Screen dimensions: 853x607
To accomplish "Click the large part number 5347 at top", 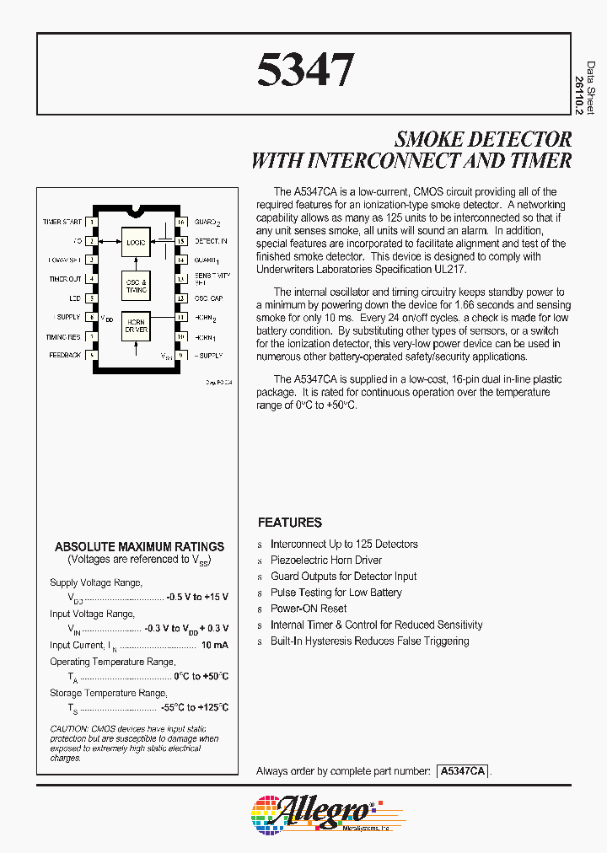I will (304, 71).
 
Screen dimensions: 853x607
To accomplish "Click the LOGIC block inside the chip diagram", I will (136, 242).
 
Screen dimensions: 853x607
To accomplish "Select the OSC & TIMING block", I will (136, 286).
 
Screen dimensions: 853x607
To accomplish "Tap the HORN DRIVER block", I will (136, 326).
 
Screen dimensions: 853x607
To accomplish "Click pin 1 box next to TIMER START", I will (91, 223).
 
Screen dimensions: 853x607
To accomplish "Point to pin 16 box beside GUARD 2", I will (180, 223).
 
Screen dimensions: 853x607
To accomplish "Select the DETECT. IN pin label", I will (212, 241).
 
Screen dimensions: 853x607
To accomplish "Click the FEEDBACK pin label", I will (65, 356).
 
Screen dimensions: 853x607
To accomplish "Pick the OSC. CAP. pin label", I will (208, 298).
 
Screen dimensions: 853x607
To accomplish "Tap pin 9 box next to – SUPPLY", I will (180, 356).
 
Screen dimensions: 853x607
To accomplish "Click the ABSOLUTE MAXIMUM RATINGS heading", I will (139, 546).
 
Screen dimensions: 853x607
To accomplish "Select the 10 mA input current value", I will (214, 645).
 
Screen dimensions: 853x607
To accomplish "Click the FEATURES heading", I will (289, 523).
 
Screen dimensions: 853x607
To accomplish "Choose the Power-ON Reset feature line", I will (308, 609).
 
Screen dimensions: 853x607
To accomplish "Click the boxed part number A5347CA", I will (462, 771).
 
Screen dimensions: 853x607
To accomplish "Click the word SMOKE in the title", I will (432, 139).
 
